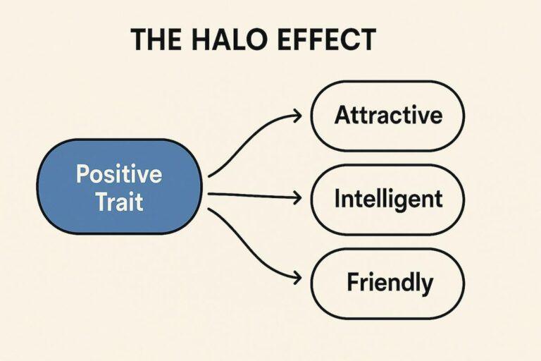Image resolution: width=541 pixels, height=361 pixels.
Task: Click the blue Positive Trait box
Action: click(x=119, y=188)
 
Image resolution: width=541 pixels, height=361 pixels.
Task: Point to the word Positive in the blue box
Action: click(x=119, y=173)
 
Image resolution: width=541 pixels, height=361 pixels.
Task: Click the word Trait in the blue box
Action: click(x=119, y=202)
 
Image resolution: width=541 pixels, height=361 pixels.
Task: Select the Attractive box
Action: click(x=388, y=116)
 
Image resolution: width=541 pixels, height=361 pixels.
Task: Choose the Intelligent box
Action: click(x=388, y=200)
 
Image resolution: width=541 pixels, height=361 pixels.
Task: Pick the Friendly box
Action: click(x=388, y=283)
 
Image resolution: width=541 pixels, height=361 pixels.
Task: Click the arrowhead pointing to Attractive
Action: click(x=299, y=113)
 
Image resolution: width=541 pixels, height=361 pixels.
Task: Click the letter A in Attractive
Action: click(x=342, y=116)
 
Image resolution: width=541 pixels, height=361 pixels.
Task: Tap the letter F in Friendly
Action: click(x=352, y=283)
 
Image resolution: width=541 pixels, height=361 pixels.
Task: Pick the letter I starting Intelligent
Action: click(x=337, y=200)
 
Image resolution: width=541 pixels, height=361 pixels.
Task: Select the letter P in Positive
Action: click(x=82, y=173)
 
